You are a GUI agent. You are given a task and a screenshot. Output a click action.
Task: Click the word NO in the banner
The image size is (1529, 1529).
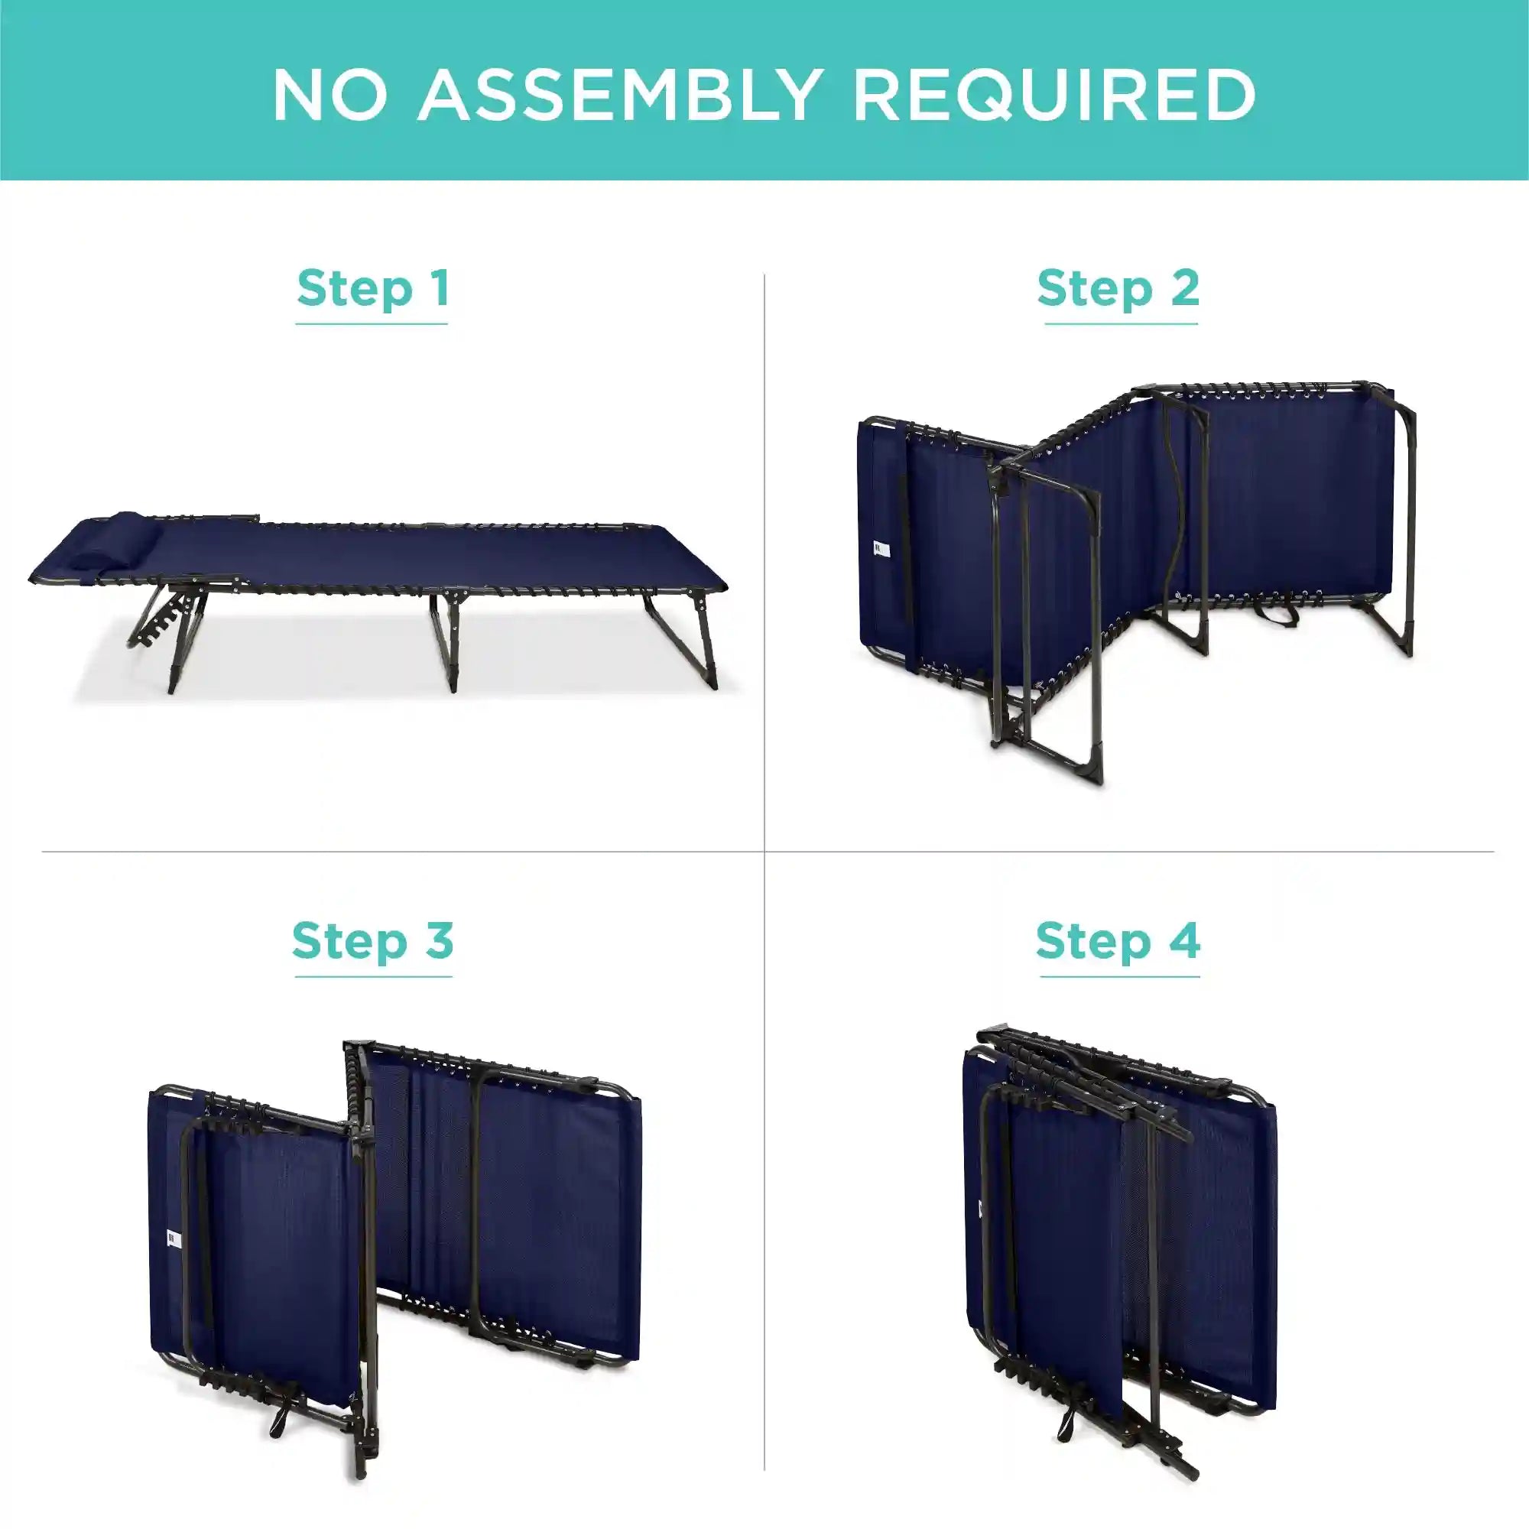tap(330, 95)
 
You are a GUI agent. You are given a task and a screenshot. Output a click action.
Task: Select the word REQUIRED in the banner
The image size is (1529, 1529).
tap(1055, 95)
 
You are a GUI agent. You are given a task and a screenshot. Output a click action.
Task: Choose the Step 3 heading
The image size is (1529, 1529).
tap(373, 941)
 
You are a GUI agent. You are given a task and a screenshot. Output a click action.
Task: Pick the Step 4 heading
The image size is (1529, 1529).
tap(1118, 941)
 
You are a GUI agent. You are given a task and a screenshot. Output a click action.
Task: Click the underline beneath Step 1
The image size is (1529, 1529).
tap(372, 323)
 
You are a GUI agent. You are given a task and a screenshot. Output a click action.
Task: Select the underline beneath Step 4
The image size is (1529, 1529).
tap(1120, 976)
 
